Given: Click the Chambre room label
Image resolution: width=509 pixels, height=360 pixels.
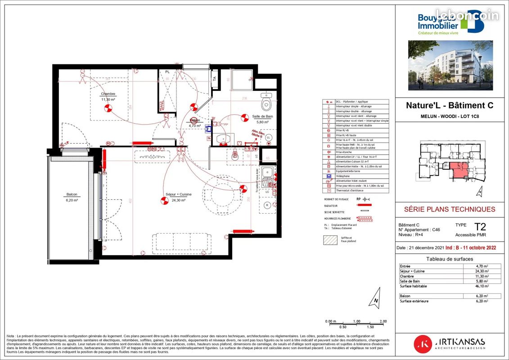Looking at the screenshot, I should tap(108, 94).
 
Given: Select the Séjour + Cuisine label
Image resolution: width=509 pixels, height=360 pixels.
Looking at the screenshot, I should tap(178, 194).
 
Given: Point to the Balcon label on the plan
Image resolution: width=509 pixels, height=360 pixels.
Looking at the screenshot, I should tap(72, 194).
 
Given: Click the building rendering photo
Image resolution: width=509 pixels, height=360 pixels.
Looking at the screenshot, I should tap(450, 65).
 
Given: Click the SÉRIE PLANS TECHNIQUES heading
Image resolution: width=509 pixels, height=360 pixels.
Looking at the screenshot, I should tap(450, 209).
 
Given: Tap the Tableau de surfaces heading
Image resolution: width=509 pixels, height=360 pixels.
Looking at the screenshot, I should tap(450, 259).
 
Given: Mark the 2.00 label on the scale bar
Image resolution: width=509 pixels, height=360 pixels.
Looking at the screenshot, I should tap(383, 321).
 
